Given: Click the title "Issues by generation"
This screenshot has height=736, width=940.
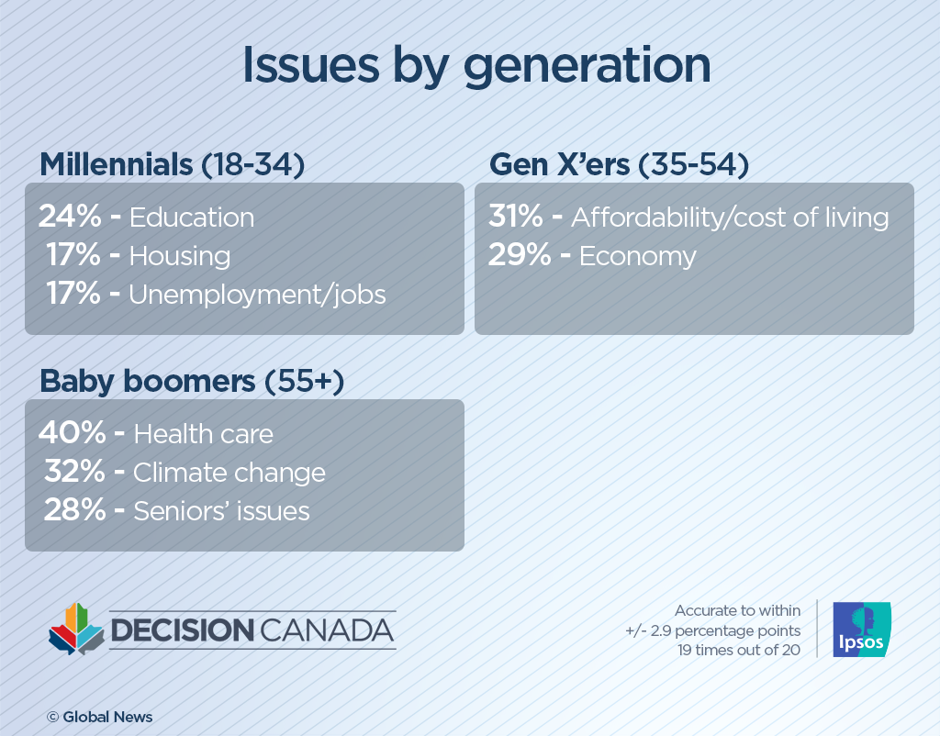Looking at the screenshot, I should click(476, 66).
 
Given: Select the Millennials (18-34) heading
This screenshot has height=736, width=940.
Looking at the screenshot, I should click(172, 165).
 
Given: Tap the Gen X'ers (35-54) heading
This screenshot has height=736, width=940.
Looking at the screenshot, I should click(619, 165).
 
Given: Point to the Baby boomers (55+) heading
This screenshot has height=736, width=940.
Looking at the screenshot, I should click(191, 382).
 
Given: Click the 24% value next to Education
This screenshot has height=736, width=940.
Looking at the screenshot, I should click(70, 217).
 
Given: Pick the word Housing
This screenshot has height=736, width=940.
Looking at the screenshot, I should click(179, 256).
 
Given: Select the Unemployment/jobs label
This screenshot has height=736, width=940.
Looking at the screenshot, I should click(257, 295).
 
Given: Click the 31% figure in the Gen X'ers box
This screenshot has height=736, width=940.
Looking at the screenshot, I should click(516, 217).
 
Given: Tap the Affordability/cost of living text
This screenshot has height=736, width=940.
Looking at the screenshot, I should click(730, 217).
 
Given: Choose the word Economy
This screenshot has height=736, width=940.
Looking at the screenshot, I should click(637, 256).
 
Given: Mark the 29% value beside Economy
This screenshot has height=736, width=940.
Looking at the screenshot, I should click(518, 256).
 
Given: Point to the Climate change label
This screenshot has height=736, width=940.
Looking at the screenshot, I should click(229, 473).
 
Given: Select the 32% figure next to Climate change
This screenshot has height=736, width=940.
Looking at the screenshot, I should click(74, 473).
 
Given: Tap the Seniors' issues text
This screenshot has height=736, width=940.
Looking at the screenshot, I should click(221, 511).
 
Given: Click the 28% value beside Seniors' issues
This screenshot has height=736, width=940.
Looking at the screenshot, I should click(74, 511).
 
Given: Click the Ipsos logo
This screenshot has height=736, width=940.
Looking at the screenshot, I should click(861, 630).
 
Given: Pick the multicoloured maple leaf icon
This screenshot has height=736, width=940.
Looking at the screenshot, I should click(76, 630).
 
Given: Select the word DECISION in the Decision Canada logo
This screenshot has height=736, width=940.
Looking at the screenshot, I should click(182, 630).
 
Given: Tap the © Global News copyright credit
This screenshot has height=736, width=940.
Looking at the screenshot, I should click(100, 717).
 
